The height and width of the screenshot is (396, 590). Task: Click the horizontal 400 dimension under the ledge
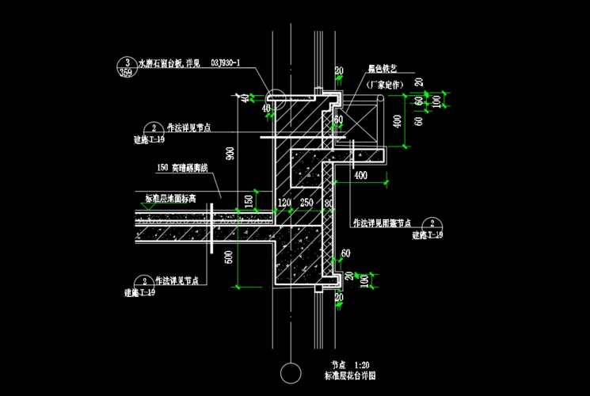(360, 174)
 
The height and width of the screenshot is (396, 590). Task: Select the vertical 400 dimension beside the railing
(396, 121)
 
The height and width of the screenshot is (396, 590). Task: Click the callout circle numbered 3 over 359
(125, 66)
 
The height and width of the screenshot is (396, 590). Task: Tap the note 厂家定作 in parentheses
(385, 83)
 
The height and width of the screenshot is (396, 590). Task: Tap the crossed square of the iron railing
(363, 124)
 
